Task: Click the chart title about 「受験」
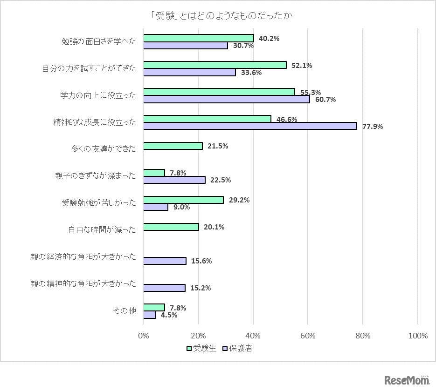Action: [x=218, y=15]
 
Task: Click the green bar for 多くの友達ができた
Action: [x=173, y=146]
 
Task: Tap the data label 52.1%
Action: [x=302, y=66]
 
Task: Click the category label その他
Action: [x=125, y=311]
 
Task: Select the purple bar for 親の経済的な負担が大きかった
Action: [x=165, y=261]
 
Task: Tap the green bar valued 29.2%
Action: [x=183, y=200]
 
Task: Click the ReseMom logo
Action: [x=407, y=380]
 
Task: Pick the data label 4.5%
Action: [x=169, y=315]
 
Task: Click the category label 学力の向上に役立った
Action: [x=98, y=95]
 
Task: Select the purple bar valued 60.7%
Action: [x=226, y=99]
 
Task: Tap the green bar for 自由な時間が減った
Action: [x=171, y=227]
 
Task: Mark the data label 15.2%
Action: [x=201, y=288]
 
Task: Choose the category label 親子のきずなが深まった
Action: [x=95, y=176]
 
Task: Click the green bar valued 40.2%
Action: [x=199, y=38]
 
